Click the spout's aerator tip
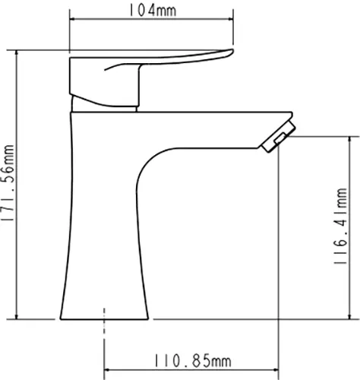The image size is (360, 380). pos(276,138)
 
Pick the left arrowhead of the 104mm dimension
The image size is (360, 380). pos(74,21)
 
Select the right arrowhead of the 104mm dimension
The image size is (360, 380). pos(230,21)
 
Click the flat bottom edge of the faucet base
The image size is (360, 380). pos(103,318)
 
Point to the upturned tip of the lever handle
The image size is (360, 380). pos(228,52)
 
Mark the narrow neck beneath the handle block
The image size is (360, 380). pos(106,105)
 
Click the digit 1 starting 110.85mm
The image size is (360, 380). pos(158,359)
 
